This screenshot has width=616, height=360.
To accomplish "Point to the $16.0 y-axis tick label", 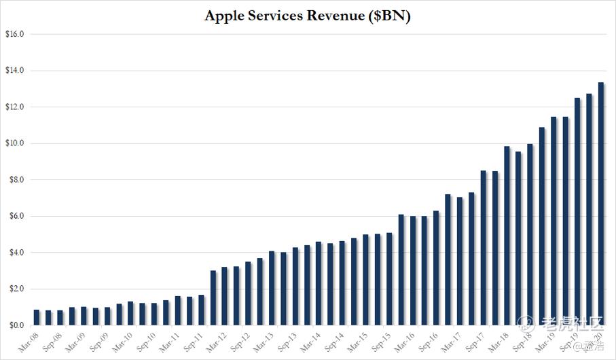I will tap(14, 34).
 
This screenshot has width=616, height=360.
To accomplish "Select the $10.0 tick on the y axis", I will tap(14, 143).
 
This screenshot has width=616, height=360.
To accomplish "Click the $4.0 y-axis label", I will tap(14, 253).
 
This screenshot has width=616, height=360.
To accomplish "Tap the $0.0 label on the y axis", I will tap(14, 325).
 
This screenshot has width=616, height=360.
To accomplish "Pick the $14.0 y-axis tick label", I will tap(14, 71).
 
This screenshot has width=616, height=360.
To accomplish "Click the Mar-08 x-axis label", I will tap(29, 340).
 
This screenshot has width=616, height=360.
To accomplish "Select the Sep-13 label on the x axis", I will tap(289, 340).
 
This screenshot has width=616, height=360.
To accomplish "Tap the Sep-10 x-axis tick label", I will tap(147, 340).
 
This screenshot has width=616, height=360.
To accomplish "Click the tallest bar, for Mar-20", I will tap(601, 204).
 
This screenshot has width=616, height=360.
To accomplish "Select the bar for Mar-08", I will tap(36, 318).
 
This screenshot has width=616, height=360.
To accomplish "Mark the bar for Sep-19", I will tap(577, 211).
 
